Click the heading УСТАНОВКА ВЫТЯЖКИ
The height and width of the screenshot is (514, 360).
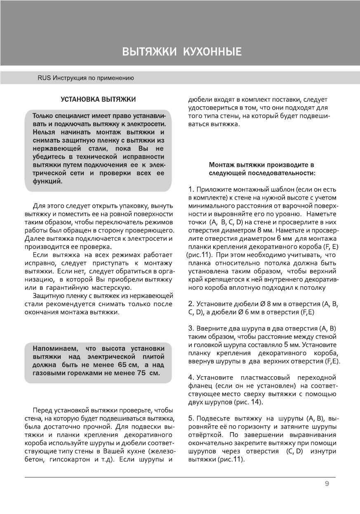(x=98, y=100)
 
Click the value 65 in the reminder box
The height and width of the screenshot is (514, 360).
(x=122, y=365)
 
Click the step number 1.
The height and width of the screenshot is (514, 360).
(x=191, y=190)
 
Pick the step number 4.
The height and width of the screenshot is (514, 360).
(x=191, y=378)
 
